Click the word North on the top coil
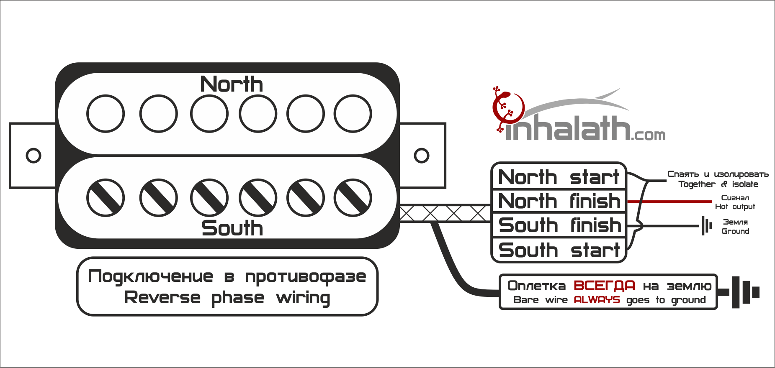232,84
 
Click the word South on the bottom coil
232,228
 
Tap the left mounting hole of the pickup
33,156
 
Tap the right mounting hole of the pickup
421,156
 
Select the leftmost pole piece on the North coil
106,114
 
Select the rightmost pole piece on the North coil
353,114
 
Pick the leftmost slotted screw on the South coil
106,198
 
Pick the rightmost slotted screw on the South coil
353,198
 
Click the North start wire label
559,177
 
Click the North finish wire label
559,201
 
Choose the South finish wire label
559,225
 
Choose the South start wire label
559,250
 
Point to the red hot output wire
670,202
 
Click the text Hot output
735,207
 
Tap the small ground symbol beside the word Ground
706,226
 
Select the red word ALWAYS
597,300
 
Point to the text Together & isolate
718,184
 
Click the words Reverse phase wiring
227,298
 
